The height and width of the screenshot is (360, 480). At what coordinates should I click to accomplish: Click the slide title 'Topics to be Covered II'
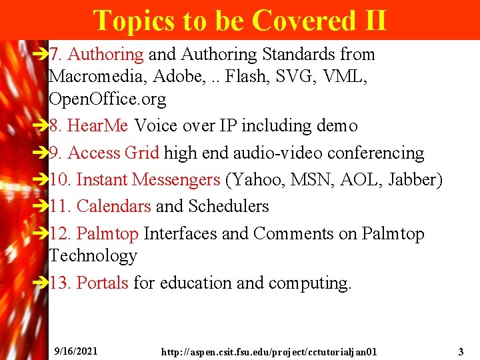pyautogui.click(x=239, y=20)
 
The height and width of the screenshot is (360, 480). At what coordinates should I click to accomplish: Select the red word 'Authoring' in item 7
pyautogui.click(x=105, y=55)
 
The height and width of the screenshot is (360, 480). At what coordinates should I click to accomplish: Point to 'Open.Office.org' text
pyautogui.click(x=107, y=99)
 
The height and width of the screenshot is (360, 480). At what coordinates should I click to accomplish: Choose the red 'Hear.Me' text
pyautogui.click(x=99, y=126)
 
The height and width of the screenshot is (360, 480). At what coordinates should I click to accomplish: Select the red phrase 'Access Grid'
pyautogui.click(x=113, y=153)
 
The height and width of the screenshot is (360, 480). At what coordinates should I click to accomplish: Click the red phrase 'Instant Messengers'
pyautogui.click(x=148, y=180)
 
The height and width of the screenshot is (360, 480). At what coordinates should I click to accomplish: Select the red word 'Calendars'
pyautogui.click(x=113, y=207)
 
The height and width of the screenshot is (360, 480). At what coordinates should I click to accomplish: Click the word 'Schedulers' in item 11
pyautogui.click(x=229, y=207)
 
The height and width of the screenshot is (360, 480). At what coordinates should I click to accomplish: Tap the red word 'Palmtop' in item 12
pyautogui.click(x=107, y=234)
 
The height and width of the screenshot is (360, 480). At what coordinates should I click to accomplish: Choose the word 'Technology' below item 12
pyautogui.click(x=93, y=256)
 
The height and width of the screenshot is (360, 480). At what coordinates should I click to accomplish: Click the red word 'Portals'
pyautogui.click(x=102, y=283)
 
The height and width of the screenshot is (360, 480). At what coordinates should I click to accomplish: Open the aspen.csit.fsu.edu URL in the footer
pyautogui.click(x=269, y=351)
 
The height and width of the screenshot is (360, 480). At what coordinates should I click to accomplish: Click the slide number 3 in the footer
pyautogui.click(x=461, y=351)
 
